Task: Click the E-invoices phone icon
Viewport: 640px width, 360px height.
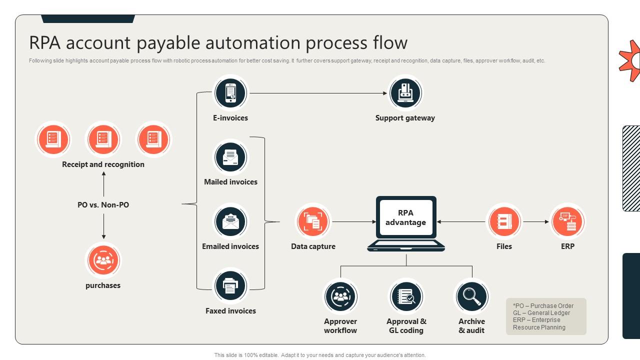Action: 230,93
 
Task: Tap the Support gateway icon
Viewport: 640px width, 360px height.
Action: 405,93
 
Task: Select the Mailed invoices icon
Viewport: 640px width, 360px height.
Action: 230,157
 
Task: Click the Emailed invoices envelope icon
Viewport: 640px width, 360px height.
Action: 230,221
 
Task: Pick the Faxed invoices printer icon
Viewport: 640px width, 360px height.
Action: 230,286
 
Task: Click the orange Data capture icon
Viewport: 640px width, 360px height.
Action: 313,221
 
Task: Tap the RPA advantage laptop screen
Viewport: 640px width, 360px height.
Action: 405,218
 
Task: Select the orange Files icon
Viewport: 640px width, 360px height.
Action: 504,221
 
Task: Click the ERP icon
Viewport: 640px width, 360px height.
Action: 567,221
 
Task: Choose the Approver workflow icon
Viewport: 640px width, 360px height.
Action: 340,296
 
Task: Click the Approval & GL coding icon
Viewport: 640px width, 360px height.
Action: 406,296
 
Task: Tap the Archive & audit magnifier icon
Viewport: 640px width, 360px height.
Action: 471,296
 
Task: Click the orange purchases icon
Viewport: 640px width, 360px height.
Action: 103,260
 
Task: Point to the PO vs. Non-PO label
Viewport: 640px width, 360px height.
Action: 103,205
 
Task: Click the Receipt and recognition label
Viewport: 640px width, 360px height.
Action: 103,164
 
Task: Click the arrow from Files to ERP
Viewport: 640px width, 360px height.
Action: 535,221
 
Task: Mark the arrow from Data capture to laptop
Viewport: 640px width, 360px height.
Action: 354,221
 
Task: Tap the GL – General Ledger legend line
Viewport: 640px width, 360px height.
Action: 541,313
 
